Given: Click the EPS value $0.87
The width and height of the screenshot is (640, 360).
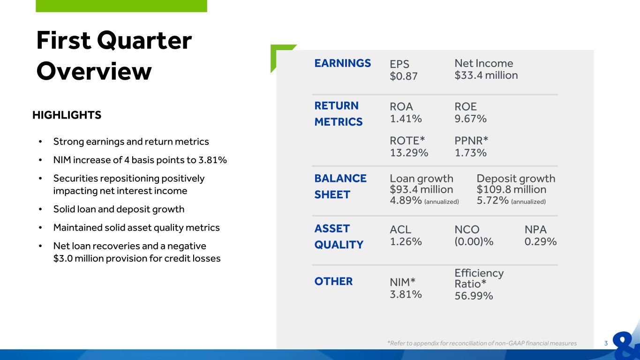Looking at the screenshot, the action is pyautogui.click(x=403, y=76).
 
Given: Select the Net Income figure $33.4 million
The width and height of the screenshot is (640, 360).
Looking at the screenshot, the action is pyautogui.click(x=486, y=75).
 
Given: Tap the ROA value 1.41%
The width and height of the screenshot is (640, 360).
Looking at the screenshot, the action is pyautogui.click(x=406, y=119).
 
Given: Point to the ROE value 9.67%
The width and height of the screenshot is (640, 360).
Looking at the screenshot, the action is pyautogui.click(x=471, y=119).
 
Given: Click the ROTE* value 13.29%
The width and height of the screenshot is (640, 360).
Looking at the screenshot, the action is pyautogui.click(x=409, y=152).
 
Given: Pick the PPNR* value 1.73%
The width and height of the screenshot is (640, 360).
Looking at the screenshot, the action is pyautogui.click(x=471, y=152).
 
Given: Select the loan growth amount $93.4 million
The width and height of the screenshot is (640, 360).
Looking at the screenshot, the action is pyautogui.click(x=422, y=189).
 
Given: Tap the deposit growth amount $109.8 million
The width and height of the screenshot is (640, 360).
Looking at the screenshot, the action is pyautogui.click(x=512, y=189).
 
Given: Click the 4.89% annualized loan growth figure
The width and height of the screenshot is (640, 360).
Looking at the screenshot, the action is pyautogui.click(x=406, y=200).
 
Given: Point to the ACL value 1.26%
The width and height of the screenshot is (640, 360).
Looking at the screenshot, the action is pyautogui.click(x=406, y=241).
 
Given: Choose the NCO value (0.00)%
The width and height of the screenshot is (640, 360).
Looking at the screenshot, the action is pyautogui.click(x=474, y=241).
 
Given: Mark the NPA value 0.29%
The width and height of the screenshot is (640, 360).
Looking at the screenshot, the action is pyautogui.click(x=541, y=241).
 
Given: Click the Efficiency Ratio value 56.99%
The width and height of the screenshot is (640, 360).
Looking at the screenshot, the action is pyautogui.click(x=474, y=296).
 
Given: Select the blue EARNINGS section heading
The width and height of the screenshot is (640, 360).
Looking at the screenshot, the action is pyautogui.click(x=343, y=63).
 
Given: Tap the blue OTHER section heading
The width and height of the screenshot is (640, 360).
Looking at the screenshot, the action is pyautogui.click(x=333, y=281).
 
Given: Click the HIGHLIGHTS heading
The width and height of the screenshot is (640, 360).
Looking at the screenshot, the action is pyautogui.click(x=67, y=115).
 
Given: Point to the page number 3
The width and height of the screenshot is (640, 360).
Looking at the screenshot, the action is pyautogui.click(x=606, y=343).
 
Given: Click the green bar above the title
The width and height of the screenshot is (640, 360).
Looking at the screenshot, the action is pyautogui.click(x=121, y=6).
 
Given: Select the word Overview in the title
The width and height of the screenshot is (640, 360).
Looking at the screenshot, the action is pyautogui.click(x=94, y=71).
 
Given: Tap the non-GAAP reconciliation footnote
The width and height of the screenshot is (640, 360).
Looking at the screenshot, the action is pyautogui.click(x=482, y=343).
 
